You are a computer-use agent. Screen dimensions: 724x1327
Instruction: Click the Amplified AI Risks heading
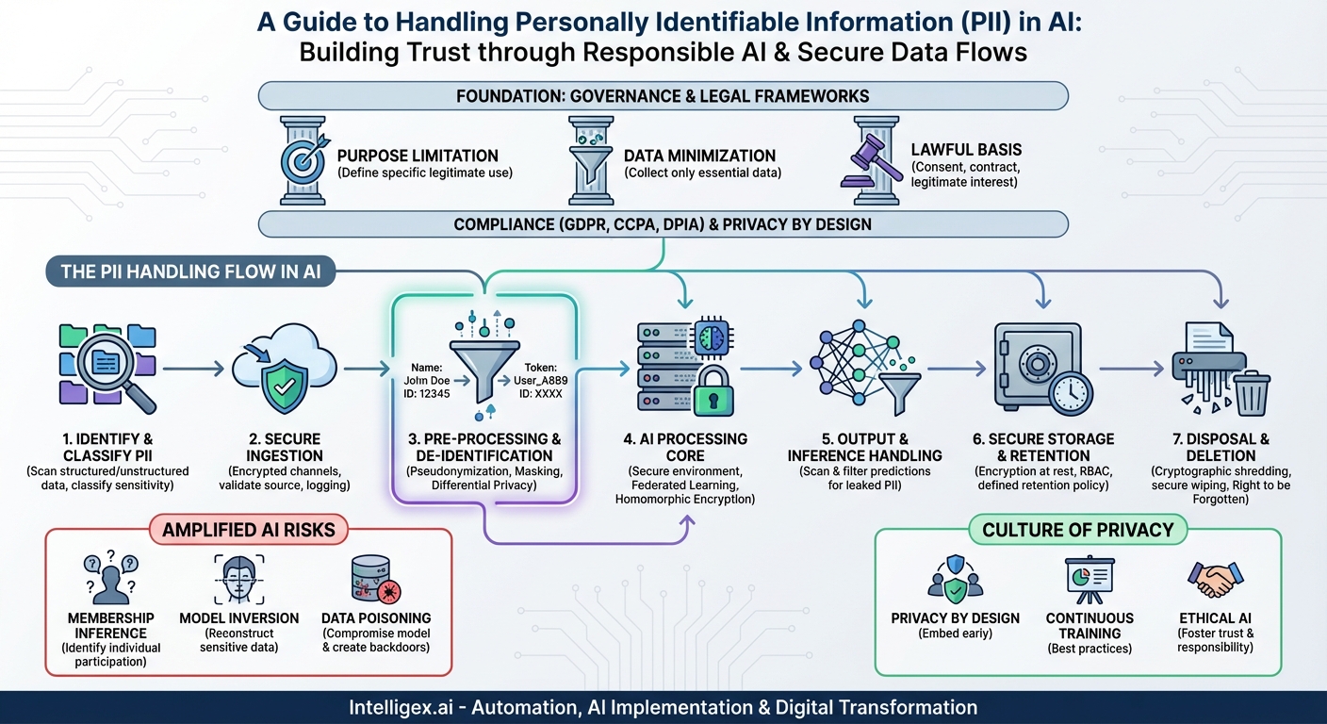coord(249,529)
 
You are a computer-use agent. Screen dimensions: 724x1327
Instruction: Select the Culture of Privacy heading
coord(1077,529)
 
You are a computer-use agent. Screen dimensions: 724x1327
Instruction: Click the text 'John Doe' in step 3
coord(422,380)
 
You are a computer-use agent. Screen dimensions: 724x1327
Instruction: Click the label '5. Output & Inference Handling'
coord(864,447)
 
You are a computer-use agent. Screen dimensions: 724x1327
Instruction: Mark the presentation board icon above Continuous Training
coord(1089,577)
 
